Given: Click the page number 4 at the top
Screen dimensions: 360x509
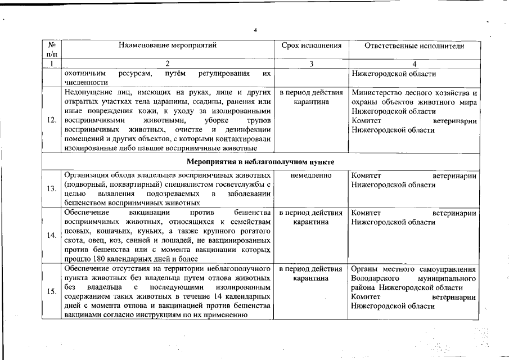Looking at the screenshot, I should (255, 30).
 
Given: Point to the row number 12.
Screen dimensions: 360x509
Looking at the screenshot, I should (51, 120).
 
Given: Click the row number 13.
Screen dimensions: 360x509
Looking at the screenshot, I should (51, 188).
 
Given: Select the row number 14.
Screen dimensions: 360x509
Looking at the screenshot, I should (51, 236).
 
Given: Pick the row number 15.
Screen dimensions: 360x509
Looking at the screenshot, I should (51, 291).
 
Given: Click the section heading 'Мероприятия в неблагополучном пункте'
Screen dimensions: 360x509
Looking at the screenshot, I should (261, 162).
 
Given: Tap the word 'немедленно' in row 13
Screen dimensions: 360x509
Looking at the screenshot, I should (311, 175).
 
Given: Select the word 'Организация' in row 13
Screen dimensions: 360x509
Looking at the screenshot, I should (88, 175).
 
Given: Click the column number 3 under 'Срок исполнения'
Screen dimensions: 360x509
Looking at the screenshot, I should (311, 64).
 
